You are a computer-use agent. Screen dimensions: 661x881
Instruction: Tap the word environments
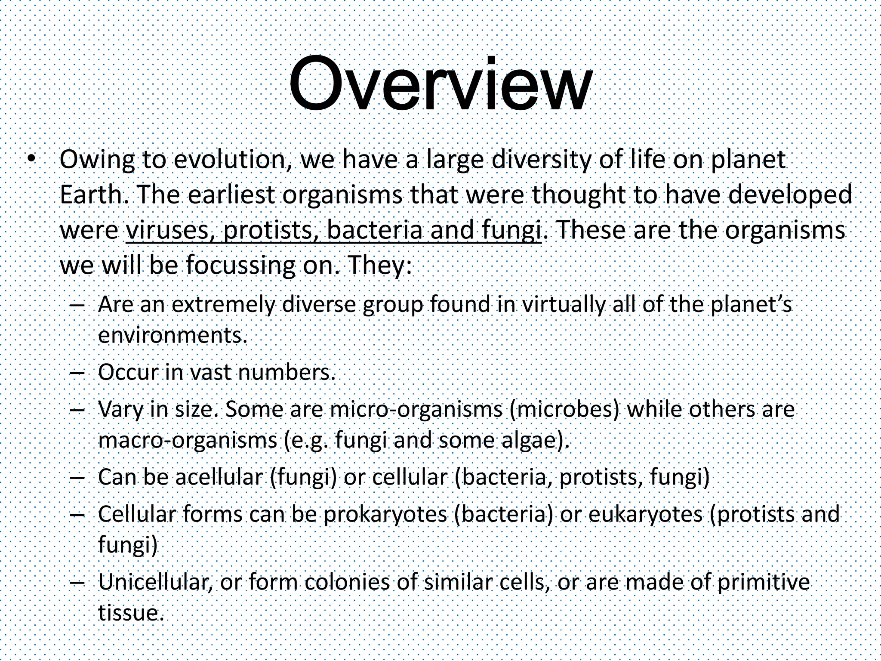pos(172,336)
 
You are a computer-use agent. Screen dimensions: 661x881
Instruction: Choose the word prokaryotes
pos(385,514)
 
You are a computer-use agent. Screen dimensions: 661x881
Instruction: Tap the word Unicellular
pos(155,582)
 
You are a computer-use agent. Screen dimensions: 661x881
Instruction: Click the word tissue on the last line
pos(129,613)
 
